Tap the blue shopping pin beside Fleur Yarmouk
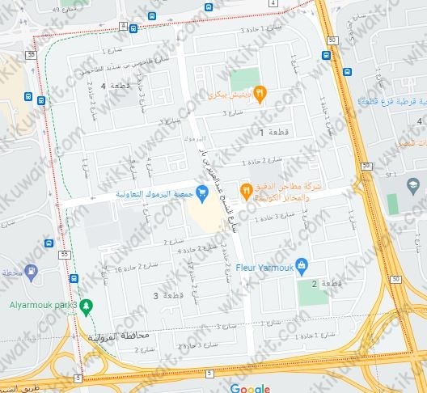[302, 264]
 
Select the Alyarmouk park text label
[38, 306]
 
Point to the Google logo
[250, 388]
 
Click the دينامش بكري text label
[230, 95]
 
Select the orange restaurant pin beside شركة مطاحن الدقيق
[246, 191]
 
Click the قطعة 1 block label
[272, 131]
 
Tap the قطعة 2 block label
[325, 284]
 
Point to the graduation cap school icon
[412, 184]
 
